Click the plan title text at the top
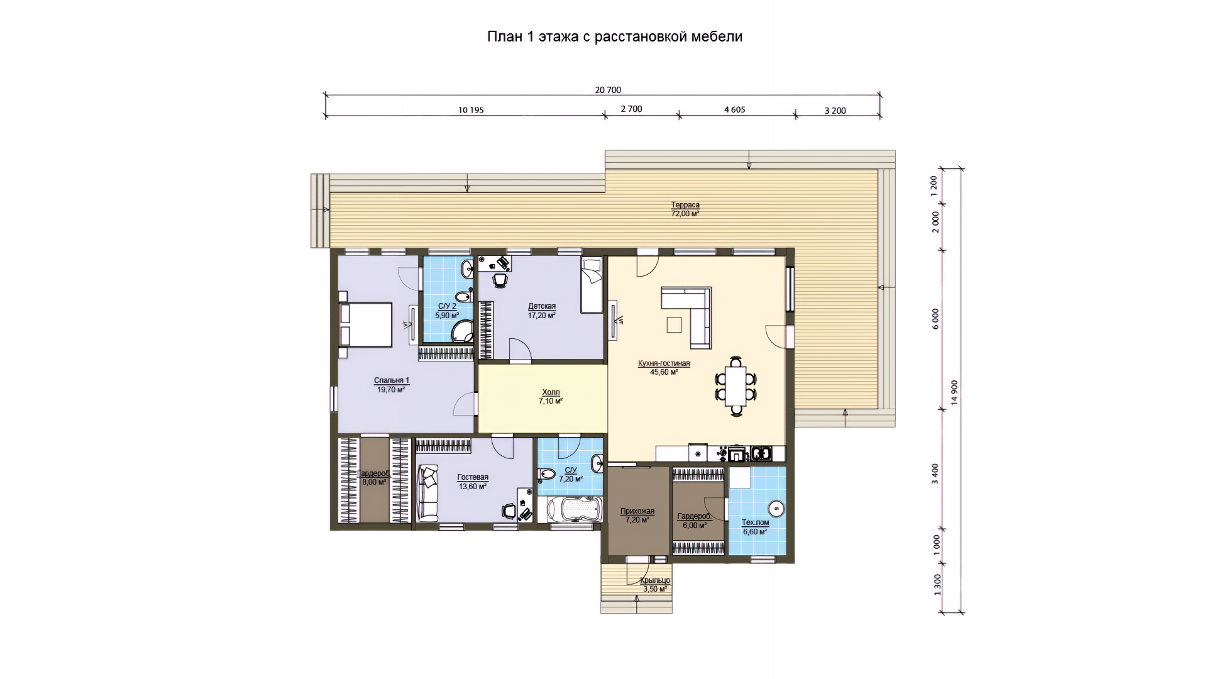[615, 36]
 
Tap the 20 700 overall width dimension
[608, 90]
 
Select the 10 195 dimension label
[471, 110]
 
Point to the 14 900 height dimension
[954, 393]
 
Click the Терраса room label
[685, 205]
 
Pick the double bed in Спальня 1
[365, 324]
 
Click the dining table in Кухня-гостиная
[736, 386]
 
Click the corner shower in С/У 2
[465, 331]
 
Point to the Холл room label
[550, 392]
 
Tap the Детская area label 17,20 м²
[542, 316]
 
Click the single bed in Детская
[592, 284]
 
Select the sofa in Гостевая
[428, 493]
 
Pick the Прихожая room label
[637, 511]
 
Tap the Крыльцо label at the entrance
[655, 580]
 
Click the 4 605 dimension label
[734, 109]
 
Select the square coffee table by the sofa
[675, 324]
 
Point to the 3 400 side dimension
[935, 473]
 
